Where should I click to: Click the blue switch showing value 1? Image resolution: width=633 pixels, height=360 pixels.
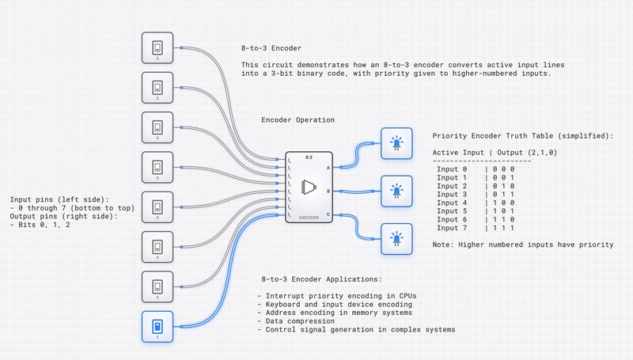[x=157, y=326]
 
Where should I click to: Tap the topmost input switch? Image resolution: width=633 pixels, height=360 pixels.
[x=157, y=48]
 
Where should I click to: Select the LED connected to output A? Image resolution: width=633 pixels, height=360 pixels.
[x=396, y=143]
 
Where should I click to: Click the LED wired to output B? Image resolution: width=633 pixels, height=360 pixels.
[x=396, y=191]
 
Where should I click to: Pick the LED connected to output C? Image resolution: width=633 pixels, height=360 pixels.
[x=396, y=238]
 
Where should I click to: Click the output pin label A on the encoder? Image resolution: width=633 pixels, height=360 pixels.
[x=328, y=167]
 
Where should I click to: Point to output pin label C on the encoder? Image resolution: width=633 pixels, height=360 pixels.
[x=328, y=214]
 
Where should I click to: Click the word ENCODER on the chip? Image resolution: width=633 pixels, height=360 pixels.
[x=309, y=218]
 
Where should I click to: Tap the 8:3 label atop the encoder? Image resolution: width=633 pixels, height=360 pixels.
[x=309, y=158]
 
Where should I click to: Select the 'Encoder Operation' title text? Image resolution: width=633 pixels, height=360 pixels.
[x=298, y=120]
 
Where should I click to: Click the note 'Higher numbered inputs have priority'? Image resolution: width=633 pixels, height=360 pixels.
[x=523, y=244]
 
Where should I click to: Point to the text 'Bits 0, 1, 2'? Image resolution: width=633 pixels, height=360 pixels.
[x=41, y=225]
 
